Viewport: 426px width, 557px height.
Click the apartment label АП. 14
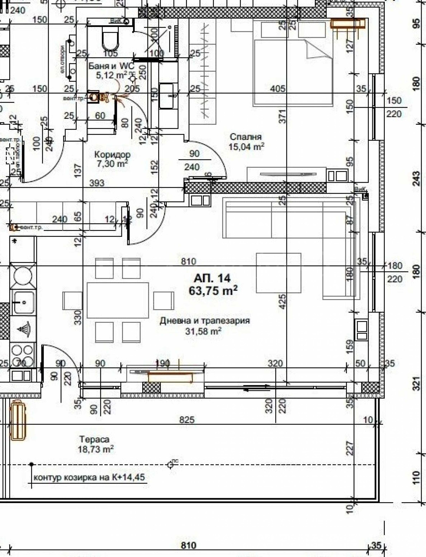click(x=212, y=278)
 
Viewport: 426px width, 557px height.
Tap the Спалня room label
click(x=245, y=137)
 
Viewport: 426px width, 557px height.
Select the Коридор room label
click(x=112, y=155)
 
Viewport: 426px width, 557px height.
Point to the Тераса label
click(x=94, y=439)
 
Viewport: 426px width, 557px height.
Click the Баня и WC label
click(x=111, y=66)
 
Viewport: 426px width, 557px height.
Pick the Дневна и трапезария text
click(x=205, y=320)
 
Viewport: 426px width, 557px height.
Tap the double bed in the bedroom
click(x=293, y=72)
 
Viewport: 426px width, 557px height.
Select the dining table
click(x=118, y=300)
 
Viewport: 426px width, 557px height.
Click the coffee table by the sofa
click(x=278, y=273)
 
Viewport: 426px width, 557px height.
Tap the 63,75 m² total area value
click(x=213, y=291)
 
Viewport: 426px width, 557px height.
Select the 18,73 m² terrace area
click(x=96, y=450)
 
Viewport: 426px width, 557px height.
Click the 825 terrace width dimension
click(x=187, y=420)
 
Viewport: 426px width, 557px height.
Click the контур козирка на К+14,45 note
click(x=89, y=477)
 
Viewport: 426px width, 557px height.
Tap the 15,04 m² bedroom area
click(x=246, y=147)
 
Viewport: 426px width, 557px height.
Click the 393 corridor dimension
click(x=97, y=183)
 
